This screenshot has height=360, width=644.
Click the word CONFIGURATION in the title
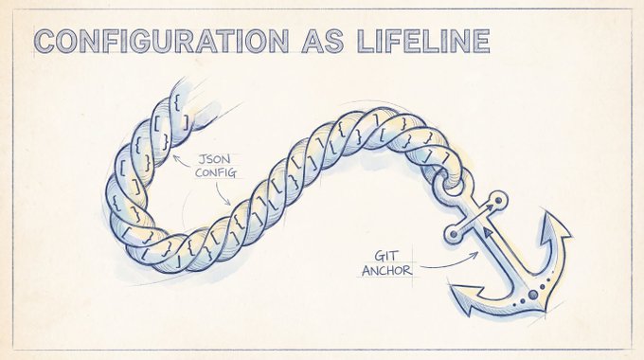[162, 41]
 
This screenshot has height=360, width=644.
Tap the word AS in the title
[323, 41]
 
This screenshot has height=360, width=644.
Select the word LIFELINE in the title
[423, 41]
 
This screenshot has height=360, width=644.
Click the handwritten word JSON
[214, 159]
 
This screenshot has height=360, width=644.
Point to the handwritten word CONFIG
[216, 172]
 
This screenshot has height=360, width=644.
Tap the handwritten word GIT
[386, 256]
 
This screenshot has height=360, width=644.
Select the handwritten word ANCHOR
[386, 270]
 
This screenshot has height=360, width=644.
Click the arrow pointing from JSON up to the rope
[182, 162]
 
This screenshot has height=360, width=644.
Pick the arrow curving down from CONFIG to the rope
[221, 194]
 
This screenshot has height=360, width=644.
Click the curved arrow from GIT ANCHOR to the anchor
[451, 264]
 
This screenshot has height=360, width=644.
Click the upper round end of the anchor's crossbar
[498, 201]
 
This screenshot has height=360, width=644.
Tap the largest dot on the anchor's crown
[532, 295]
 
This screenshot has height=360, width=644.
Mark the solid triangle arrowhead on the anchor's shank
[488, 233]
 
